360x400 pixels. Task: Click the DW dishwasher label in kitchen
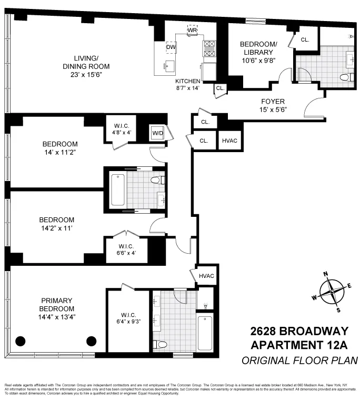(x=171, y=47)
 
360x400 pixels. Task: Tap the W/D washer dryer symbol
(x=157, y=133)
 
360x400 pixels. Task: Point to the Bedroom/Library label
(x=257, y=53)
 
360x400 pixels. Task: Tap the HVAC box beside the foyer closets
(x=230, y=141)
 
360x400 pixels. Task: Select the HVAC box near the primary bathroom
(x=206, y=276)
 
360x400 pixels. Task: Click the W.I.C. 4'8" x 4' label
(x=125, y=129)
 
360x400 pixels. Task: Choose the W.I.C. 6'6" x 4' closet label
(x=126, y=249)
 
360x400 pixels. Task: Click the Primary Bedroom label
(x=57, y=308)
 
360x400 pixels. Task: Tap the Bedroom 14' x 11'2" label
(x=60, y=148)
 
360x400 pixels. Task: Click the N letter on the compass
(x=326, y=273)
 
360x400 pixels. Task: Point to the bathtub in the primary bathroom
(x=205, y=333)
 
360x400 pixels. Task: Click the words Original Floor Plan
(x=299, y=361)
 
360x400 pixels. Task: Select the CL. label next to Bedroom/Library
(x=305, y=40)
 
